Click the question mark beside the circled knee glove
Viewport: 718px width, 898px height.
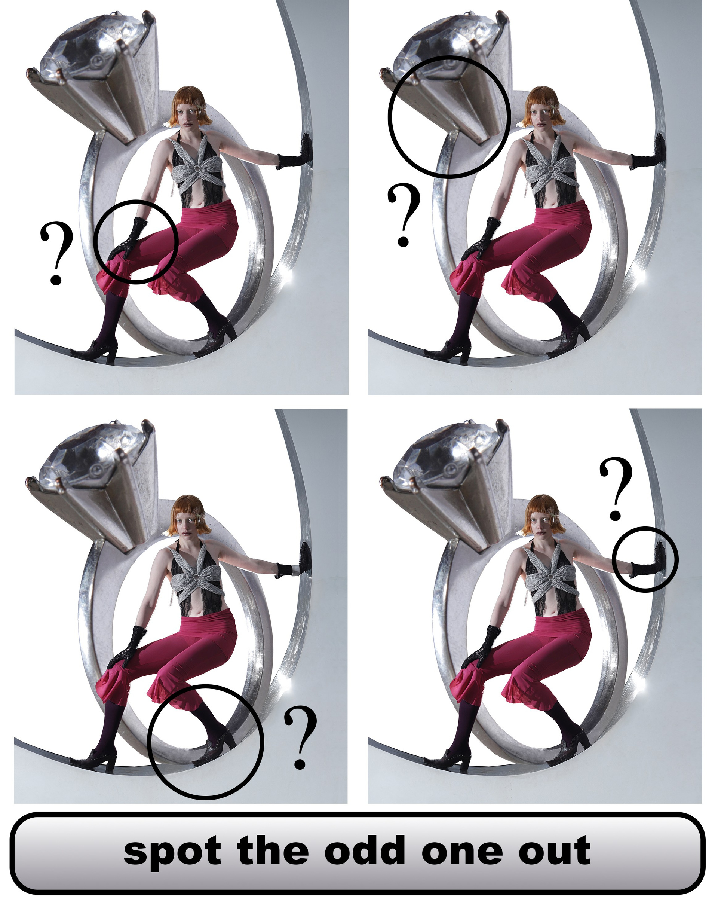pos(56,253)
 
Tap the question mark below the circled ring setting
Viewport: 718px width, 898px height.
pos(404,214)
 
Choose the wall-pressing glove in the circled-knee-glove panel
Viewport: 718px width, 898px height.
pos(295,152)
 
